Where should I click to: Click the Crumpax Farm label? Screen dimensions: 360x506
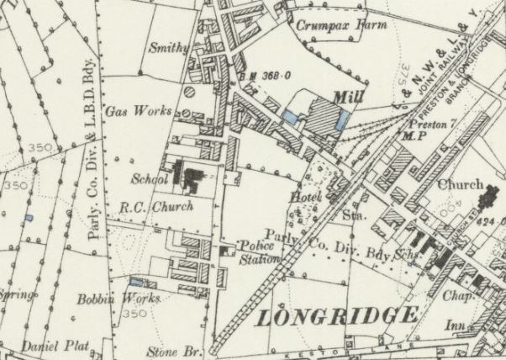pyautogui.click(x=341, y=25)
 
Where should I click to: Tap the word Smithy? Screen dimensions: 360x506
pyautogui.click(x=168, y=48)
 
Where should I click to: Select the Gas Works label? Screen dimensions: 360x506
pyautogui.click(x=139, y=111)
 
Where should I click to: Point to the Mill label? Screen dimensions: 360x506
pyautogui.click(x=348, y=98)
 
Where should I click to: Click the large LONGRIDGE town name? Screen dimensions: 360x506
pyautogui.click(x=335, y=316)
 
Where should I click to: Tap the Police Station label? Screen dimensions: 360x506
pyautogui.click(x=259, y=251)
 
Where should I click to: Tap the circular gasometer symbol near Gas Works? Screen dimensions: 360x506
pyautogui.click(x=189, y=91)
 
